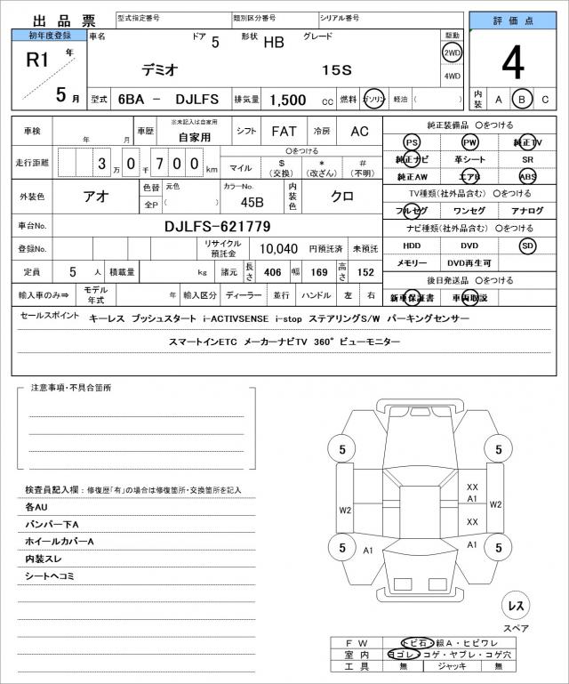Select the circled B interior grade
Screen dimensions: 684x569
(x=524, y=99)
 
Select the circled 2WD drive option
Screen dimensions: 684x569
(x=452, y=52)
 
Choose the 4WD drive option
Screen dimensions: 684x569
(x=452, y=76)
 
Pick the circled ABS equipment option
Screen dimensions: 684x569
(x=528, y=176)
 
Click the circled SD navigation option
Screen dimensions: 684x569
(x=528, y=245)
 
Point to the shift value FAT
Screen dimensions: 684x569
(x=284, y=131)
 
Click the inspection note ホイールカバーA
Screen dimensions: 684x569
(x=60, y=541)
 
